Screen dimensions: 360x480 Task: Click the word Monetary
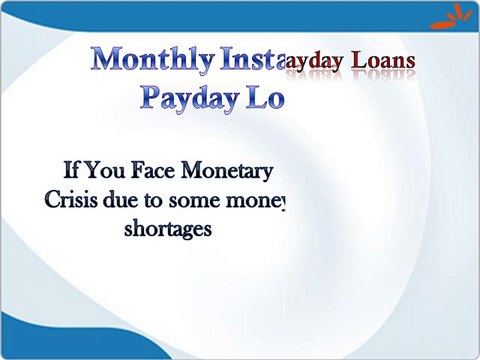coord(236,167)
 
